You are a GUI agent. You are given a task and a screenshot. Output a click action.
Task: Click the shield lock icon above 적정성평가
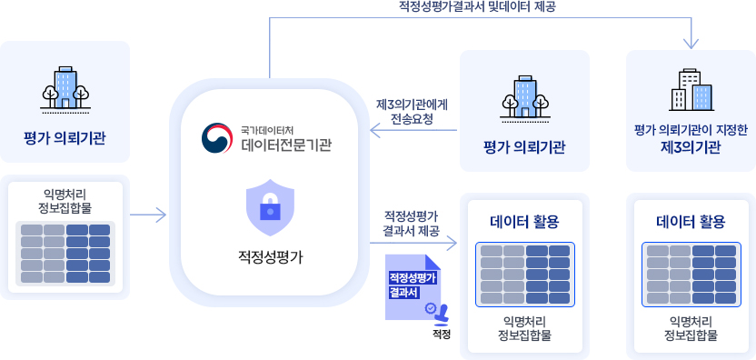(270, 207)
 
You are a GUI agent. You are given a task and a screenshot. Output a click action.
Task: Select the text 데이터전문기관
(286, 144)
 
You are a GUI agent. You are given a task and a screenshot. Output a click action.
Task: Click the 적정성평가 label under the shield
(269, 256)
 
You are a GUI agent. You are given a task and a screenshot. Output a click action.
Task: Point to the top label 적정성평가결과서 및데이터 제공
(476, 6)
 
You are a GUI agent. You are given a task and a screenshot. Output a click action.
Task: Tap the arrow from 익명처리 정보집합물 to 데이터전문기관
(147, 215)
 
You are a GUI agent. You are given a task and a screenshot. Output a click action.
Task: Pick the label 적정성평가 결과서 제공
(412, 224)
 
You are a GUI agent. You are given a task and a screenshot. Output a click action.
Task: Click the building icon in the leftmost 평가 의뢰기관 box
(65, 88)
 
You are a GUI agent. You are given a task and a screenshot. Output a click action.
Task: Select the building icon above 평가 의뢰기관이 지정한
(691, 89)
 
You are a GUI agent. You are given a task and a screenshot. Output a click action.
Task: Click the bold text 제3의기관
(691, 147)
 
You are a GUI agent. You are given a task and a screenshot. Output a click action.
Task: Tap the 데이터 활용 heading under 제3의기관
(691, 221)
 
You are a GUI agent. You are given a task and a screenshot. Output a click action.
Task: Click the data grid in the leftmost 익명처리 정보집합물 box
(65, 252)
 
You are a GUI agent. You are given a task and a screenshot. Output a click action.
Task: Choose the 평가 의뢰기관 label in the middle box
(524, 147)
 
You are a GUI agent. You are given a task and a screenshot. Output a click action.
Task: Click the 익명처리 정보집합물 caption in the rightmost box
(691, 328)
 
